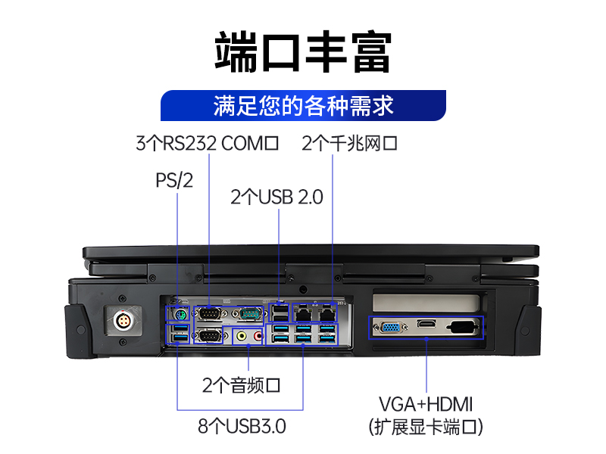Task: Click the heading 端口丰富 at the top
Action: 303,51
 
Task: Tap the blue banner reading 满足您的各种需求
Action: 303,105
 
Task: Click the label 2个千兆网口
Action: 349,143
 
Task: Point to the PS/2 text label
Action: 174,182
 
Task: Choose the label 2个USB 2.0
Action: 277,197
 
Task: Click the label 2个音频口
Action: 242,385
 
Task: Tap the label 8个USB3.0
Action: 242,426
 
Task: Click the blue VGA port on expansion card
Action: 392,328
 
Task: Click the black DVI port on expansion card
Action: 461,328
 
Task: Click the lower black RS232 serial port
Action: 211,334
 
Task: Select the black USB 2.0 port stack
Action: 280,312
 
